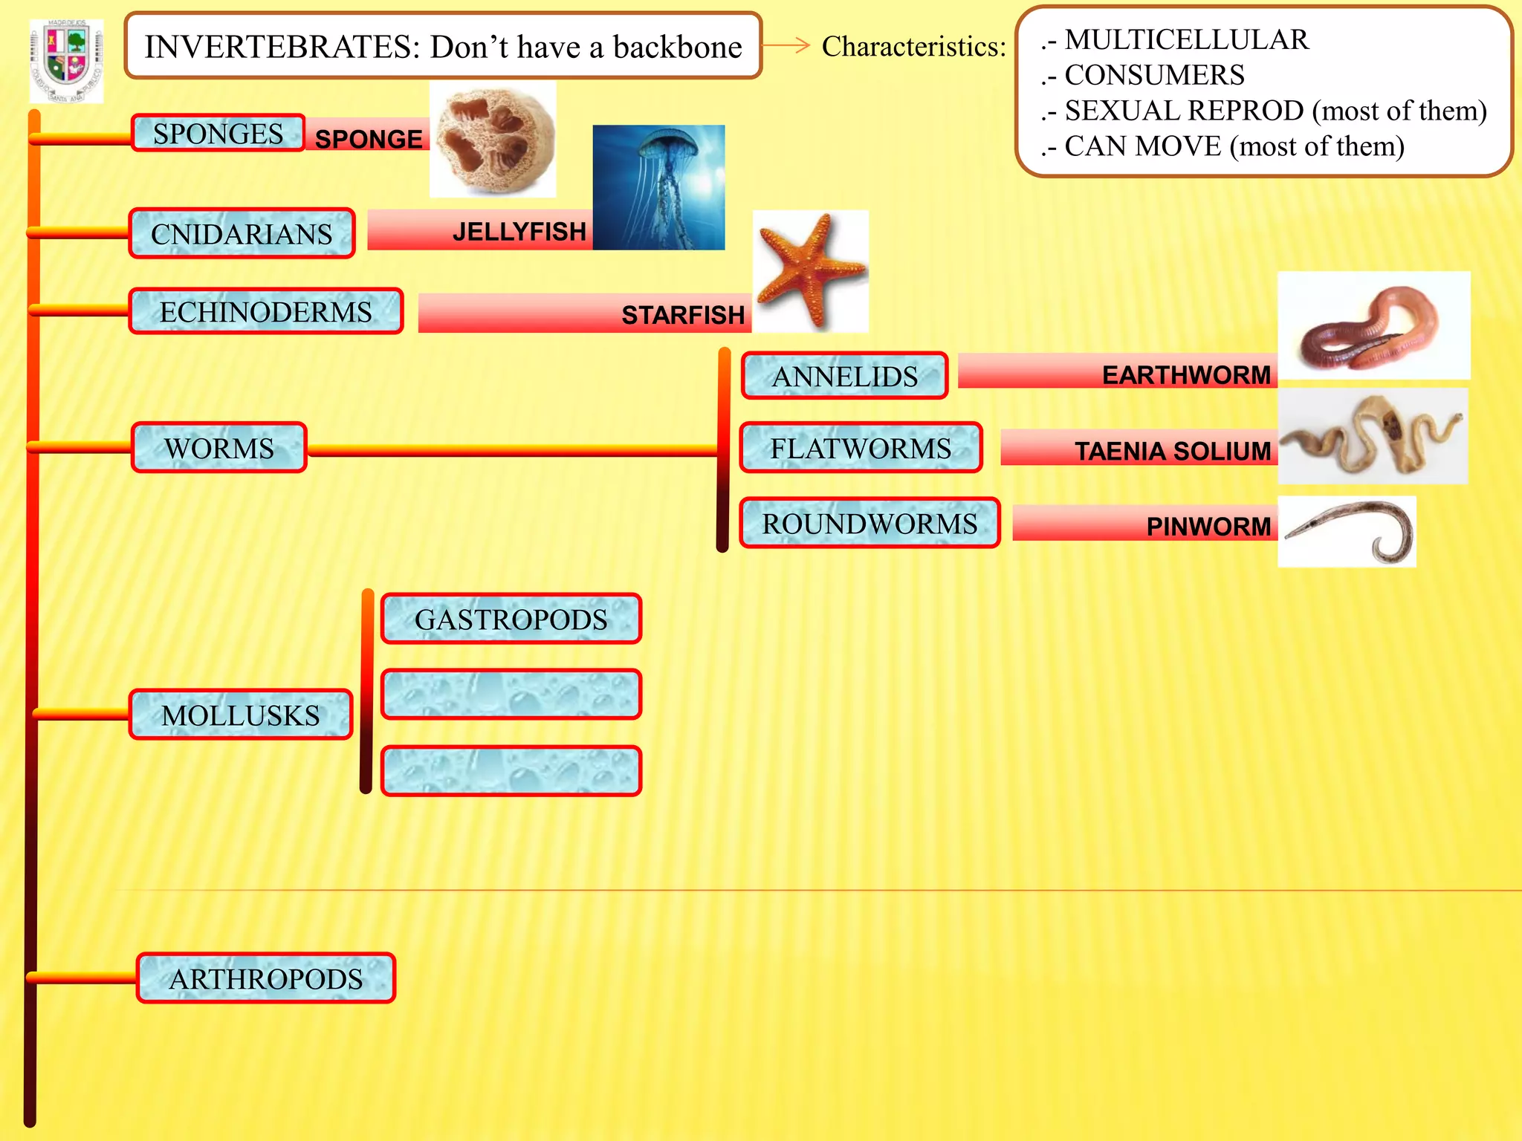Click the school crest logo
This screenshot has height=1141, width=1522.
coord(66,61)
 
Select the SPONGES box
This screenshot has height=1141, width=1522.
coord(218,134)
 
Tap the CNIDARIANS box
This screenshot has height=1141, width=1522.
coord(242,234)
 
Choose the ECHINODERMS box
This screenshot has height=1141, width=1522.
coord(265,312)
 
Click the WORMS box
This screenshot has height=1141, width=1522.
coord(219,448)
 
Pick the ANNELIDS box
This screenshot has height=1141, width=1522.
coord(844,376)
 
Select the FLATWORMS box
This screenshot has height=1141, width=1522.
coord(861,448)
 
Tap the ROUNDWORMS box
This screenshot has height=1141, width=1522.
coord(870,524)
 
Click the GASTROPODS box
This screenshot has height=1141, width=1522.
coord(511,619)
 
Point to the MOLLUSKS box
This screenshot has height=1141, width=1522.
coord(240,715)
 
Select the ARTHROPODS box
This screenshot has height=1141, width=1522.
coord(265,978)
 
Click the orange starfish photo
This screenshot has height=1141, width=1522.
coord(810,271)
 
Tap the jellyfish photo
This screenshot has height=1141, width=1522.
coord(658,187)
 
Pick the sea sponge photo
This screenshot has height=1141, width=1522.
coord(493,140)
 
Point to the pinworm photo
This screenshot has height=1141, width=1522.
coord(1347,532)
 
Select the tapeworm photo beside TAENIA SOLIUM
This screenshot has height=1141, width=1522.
coord(1373,437)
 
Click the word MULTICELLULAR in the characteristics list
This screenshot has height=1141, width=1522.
coord(1186,39)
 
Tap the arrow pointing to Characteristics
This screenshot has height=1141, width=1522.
coord(786,45)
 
